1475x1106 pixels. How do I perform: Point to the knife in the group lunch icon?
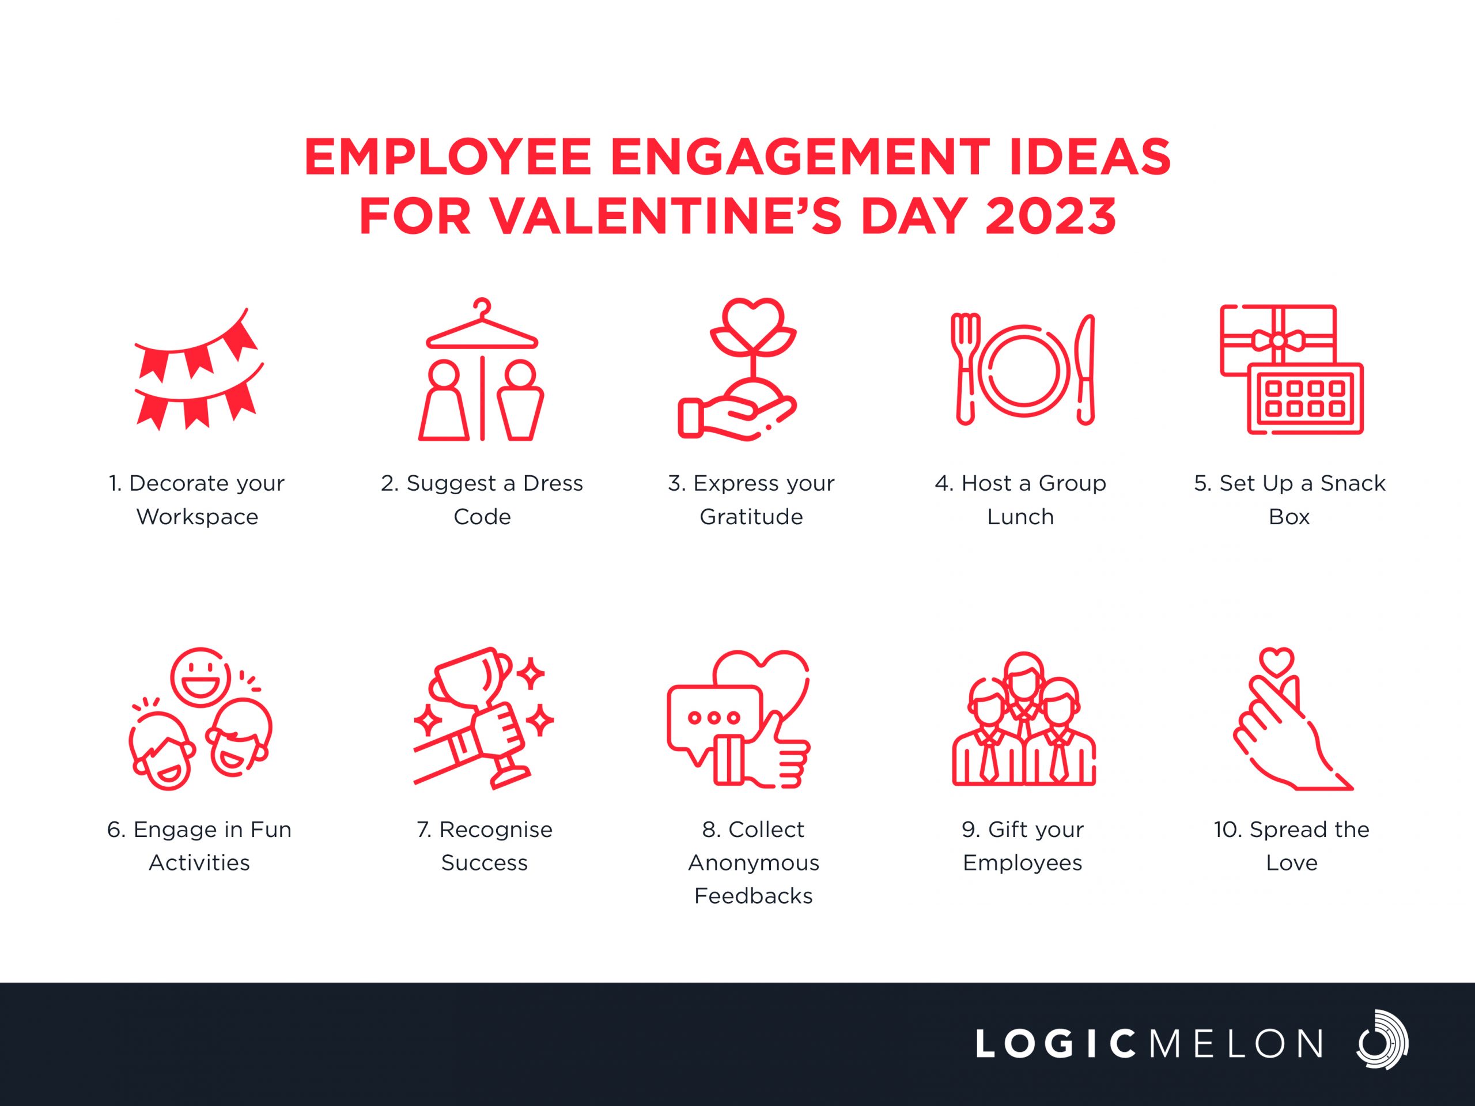coord(1086,369)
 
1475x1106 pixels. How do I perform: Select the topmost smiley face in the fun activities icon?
coord(200,677)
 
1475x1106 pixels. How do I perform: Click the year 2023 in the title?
coord(1050,216)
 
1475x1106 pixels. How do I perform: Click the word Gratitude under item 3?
coord(751,517)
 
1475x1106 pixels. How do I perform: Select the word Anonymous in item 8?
coord(754,863)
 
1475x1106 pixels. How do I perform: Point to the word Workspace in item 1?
coord(198,517)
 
